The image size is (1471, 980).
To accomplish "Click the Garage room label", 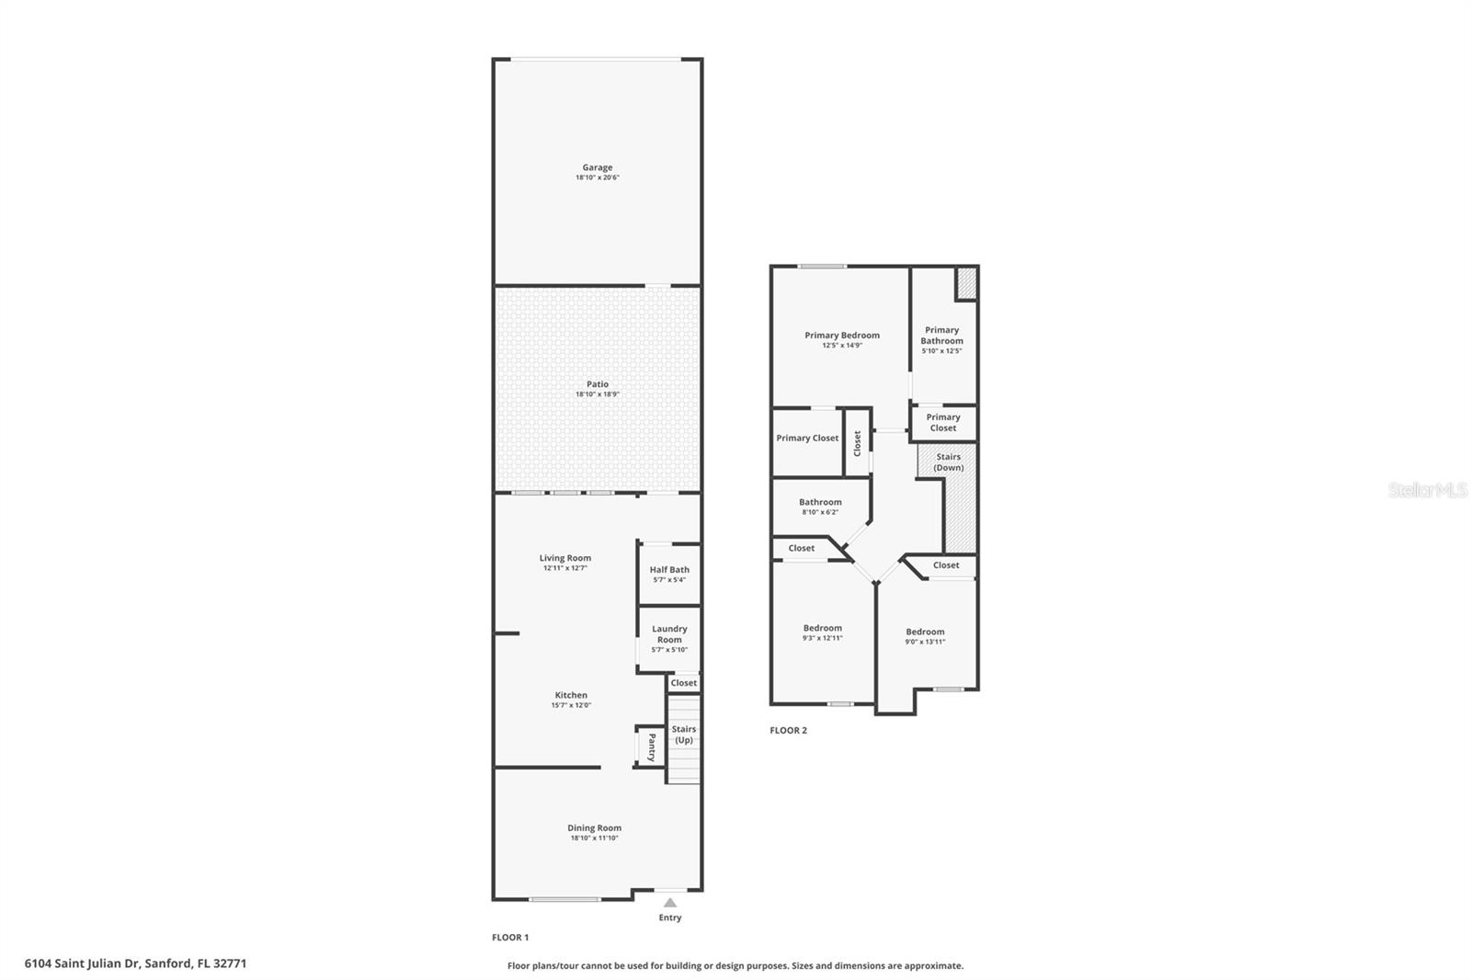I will coord(597,167).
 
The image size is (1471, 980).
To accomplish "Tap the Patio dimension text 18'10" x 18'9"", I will coord(597,394).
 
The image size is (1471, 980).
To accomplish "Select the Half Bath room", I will coord(668,574).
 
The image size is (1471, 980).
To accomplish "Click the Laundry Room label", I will coord(669,634).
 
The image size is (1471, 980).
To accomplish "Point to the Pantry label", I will coord(651,746).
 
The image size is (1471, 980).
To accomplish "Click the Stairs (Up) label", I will coord(683,735).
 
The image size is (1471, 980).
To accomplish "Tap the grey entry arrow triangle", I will coord(669,903).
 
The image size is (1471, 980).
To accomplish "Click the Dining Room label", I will coord(594,828).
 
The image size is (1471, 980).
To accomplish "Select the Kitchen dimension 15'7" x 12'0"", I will coord(571,705).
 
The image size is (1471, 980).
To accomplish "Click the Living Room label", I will coord(564,558).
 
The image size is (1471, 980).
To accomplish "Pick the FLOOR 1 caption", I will coord(510,938).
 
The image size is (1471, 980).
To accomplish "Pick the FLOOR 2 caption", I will coord(788,731).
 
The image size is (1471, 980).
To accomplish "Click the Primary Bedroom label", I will coord(841,336).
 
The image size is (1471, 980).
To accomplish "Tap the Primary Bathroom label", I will coord(941,336).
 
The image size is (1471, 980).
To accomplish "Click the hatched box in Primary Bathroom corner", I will coord(965,283).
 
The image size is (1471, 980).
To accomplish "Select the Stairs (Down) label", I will coord(948,462).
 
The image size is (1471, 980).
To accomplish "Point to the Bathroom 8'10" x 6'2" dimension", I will coord(820,512).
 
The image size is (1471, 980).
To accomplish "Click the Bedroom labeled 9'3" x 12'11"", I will coord(822,632).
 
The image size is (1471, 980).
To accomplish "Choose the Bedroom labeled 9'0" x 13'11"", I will coord(925,636).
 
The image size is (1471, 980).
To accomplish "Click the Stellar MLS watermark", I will coord(1427,490).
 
